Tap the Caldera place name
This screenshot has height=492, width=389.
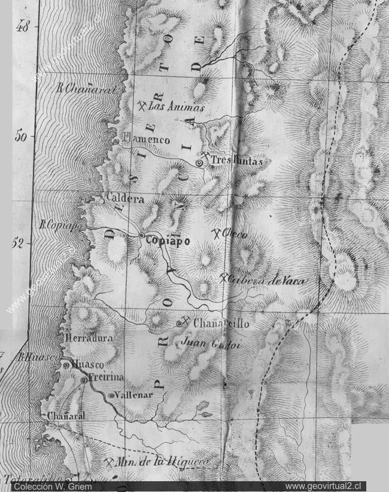(125, 198)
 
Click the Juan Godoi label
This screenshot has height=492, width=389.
(205, 343)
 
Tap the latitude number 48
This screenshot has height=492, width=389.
(24, 27)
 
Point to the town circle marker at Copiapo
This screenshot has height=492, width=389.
(141, 236)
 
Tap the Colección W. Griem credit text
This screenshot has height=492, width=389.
(47, 485)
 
